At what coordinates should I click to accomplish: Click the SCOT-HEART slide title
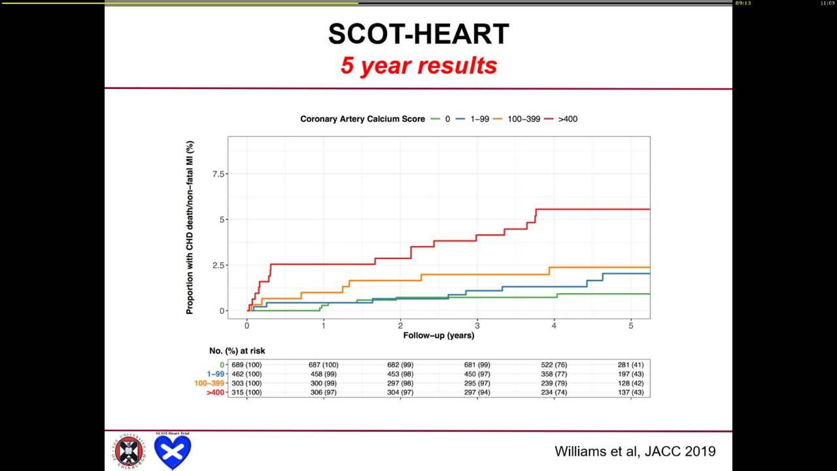tap(418, 35)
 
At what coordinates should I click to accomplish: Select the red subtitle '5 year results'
tap(418, 65)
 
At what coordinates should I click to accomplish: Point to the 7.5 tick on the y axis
tap(218, 174)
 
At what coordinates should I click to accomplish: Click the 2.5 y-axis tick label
tap(218, 266)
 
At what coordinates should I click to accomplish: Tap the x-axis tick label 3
tap(477, 325)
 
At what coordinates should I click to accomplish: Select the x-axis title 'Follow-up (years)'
tap(439, 336)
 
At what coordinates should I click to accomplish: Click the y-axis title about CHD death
tap(190, 227)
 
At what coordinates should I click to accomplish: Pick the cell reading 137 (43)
tap(630, 392)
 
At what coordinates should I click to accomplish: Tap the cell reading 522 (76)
tap(554, 365)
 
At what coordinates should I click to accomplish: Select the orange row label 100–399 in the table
tap(209, 383)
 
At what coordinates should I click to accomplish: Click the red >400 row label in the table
tap(215, 392)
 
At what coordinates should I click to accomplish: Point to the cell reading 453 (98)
tap(400, 374)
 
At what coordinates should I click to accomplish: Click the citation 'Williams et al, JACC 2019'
tap(634, 451)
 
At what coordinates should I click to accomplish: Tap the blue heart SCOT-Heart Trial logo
tap(173, 451)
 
